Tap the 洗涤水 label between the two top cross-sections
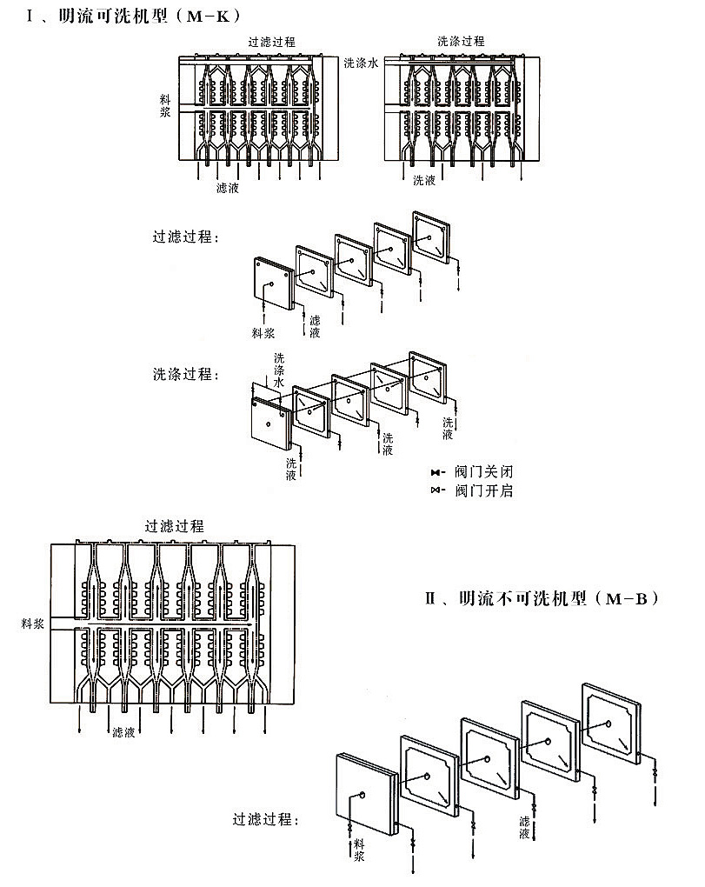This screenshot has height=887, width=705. [361, 63]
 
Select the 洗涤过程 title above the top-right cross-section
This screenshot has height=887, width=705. [461, 41]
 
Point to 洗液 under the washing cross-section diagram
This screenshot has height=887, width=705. [424, 181]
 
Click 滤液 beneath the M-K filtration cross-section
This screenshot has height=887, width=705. [228, 187]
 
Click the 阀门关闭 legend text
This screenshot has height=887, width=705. [483, 470]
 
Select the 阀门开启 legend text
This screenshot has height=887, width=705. [483, 490]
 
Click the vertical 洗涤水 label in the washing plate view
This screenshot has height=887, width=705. [279, 370]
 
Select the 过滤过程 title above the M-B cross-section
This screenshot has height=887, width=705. [175, 526]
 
